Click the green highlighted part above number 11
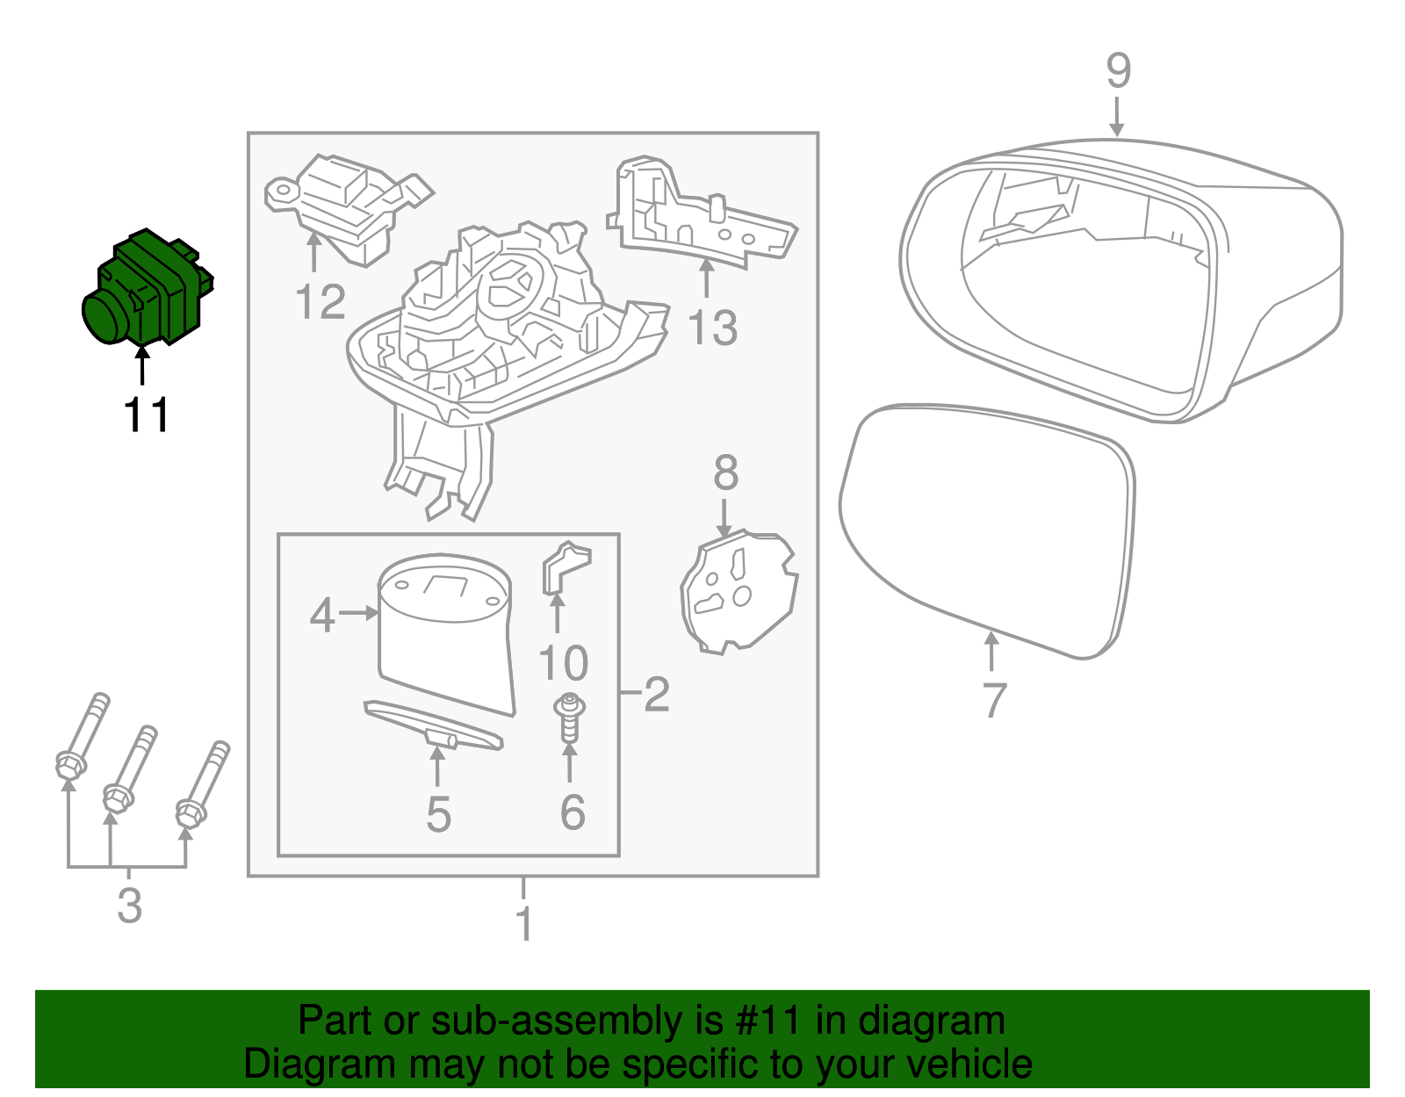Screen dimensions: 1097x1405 click(148, 290)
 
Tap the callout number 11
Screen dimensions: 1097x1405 click(146, 415)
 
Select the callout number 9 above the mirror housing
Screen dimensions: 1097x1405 click(1117, 70)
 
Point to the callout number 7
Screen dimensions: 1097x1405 click(993, 700)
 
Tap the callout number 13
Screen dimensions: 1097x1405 click(711, 328)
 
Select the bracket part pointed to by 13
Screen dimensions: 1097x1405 click(694, 215)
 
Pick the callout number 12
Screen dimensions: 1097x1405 click(320, 303)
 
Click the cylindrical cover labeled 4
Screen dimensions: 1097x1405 click(443, 632)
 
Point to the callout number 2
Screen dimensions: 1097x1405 click(656, 694)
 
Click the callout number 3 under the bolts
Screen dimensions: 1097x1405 click(129, 905)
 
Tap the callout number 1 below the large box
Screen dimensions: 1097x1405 click(523, 924)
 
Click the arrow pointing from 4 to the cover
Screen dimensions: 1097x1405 click(357, 613)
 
